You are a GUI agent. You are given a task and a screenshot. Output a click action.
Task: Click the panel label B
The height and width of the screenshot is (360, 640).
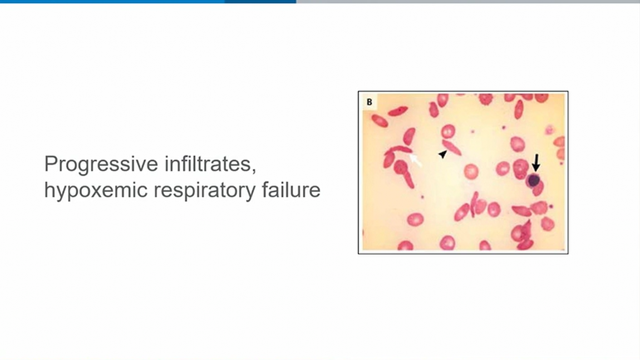[370, 102]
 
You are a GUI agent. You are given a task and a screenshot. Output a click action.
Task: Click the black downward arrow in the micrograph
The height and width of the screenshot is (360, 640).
[536, 162]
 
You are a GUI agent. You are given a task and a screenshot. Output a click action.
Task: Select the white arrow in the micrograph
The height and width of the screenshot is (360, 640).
[416, 160]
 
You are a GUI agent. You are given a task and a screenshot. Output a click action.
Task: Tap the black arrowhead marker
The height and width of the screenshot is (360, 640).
[442, 154]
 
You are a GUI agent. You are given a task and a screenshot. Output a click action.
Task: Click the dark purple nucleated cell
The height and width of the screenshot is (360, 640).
[534, 180]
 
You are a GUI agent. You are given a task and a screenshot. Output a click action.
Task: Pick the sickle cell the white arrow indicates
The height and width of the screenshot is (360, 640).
[398, 150]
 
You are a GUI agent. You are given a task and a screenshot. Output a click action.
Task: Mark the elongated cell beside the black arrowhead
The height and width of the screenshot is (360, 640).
[452, 148]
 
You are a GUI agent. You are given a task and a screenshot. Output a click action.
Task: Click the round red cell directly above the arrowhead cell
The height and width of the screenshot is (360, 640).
[448, 131]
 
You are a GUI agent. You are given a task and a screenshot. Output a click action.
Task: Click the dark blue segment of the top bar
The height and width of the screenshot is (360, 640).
[260, 2]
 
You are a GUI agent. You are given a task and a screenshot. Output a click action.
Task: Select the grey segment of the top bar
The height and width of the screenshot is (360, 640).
[468, 2]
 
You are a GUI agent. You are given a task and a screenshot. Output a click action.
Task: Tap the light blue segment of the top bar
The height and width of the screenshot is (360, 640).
[112, 2]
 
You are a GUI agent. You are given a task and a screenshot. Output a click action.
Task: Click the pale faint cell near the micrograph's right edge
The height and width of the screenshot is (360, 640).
[550, 130]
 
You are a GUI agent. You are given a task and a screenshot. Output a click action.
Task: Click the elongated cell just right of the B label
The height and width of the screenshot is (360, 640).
[397, 111]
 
